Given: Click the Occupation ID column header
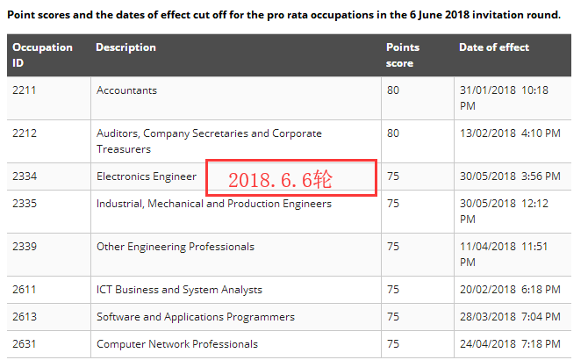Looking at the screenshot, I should [x=43, y=54].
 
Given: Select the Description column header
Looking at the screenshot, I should [x=125, y=47].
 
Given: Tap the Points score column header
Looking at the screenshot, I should [x=403, y=54].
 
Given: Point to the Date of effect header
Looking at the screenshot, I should [x=494, y=47].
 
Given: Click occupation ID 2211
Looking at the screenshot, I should [x=25, y=90].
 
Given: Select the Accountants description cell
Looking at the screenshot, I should [x=126, y=90].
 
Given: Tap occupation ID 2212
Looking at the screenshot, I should [x=25, y=133].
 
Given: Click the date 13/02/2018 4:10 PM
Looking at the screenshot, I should [x=509, y=133].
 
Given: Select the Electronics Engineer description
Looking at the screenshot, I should [x=147, y=176].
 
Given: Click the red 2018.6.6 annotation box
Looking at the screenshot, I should [x=291, y=178].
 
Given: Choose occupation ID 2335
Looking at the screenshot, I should [x=25, y=204].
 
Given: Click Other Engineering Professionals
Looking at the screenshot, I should [x=175, y=247].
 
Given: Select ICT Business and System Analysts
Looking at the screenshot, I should [x=179, y=289].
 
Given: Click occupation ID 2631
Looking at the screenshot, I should [x=25, y=343].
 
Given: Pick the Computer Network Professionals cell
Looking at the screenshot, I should [x=177, y=343].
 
